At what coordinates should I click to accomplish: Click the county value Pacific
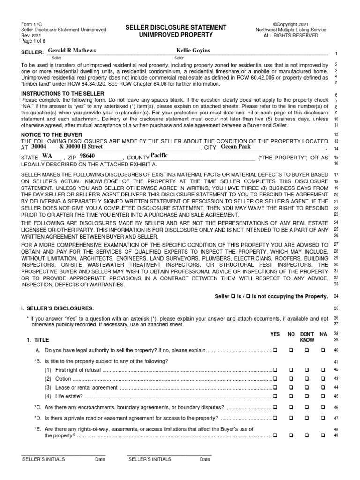[159, 155]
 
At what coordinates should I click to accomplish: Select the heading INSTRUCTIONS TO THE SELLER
[63, 94]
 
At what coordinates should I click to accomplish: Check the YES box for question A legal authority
[275, 350]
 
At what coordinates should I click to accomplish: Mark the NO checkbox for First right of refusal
[291, 370]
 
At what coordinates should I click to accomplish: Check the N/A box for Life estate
[322, 396]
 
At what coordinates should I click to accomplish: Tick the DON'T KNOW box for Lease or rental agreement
[307, 387]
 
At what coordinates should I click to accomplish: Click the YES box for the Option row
[275, 378]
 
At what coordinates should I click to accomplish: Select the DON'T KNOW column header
[307, 337]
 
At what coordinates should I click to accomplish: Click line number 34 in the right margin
[336, 296]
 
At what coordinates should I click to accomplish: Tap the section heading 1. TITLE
[38, 339]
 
